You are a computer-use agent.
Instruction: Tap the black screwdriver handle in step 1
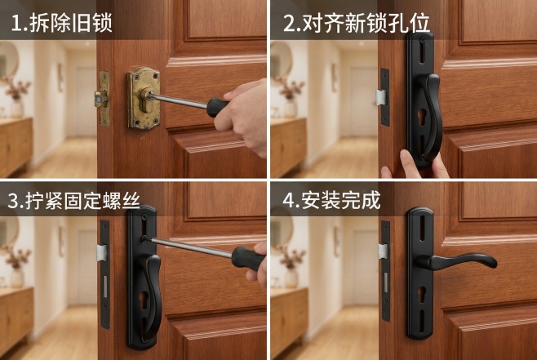click(218, 106)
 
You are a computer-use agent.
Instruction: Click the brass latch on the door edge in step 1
click(103, 97)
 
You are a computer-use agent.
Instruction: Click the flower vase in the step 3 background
click(17, 276)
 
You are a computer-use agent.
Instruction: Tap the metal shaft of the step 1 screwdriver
click(180, 100)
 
